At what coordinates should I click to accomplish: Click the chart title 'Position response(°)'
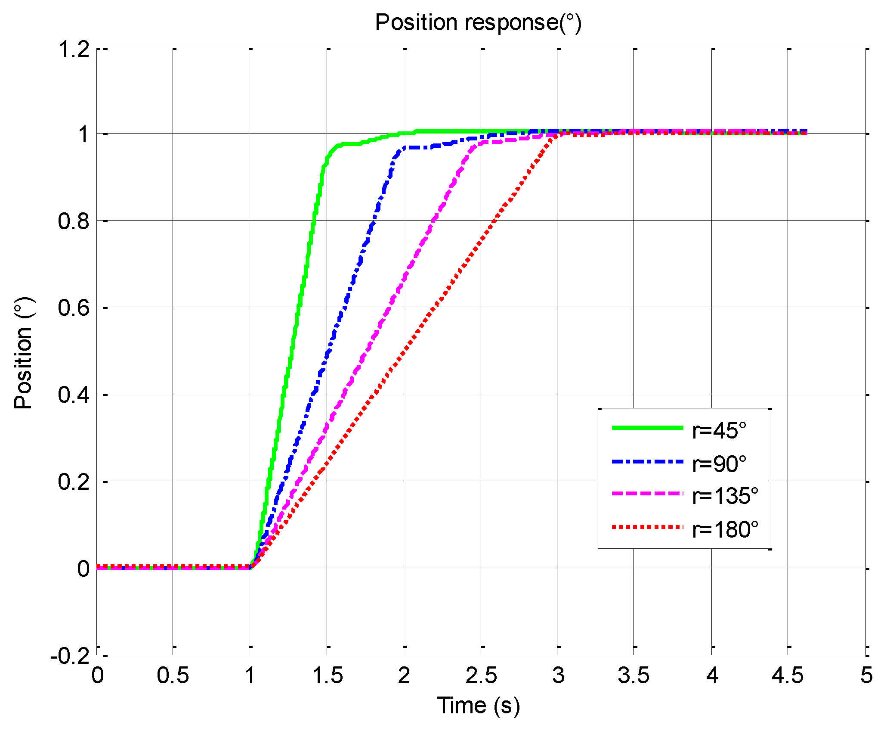point(478,22)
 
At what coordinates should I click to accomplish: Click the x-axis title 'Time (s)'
point(479,706)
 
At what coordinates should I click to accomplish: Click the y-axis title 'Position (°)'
point(23,352)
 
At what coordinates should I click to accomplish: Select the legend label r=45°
point(719,430)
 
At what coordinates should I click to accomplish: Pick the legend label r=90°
point(719,463)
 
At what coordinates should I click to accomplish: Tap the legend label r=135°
point(725,496)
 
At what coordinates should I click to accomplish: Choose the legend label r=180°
point(725,529)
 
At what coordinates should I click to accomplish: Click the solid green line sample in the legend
point(647,428)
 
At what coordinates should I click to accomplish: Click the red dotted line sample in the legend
point(647,527)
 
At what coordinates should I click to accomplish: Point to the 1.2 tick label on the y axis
point(74,49)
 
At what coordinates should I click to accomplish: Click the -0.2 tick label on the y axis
point(70,656)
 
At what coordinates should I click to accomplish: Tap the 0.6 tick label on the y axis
point(74,308)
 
